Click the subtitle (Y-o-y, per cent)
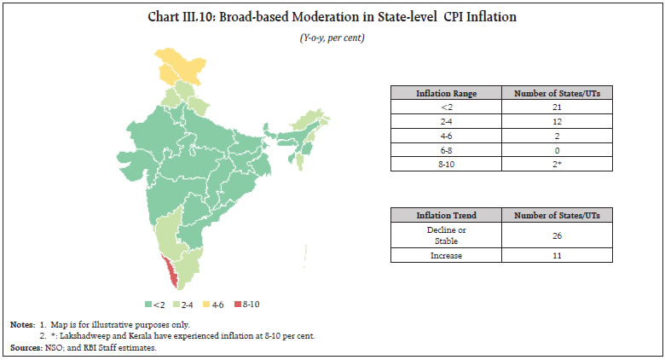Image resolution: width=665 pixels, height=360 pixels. [x=332, y=39]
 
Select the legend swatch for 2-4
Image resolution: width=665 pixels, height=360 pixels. [x=178, y=305]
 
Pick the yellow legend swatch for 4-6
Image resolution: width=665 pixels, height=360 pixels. [x=210, y=305]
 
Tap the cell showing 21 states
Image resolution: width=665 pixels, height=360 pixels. [x=558, y=107]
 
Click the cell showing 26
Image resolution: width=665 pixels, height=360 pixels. [x=558, y=235]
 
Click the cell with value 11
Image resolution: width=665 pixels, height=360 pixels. [x=558, y=256]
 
